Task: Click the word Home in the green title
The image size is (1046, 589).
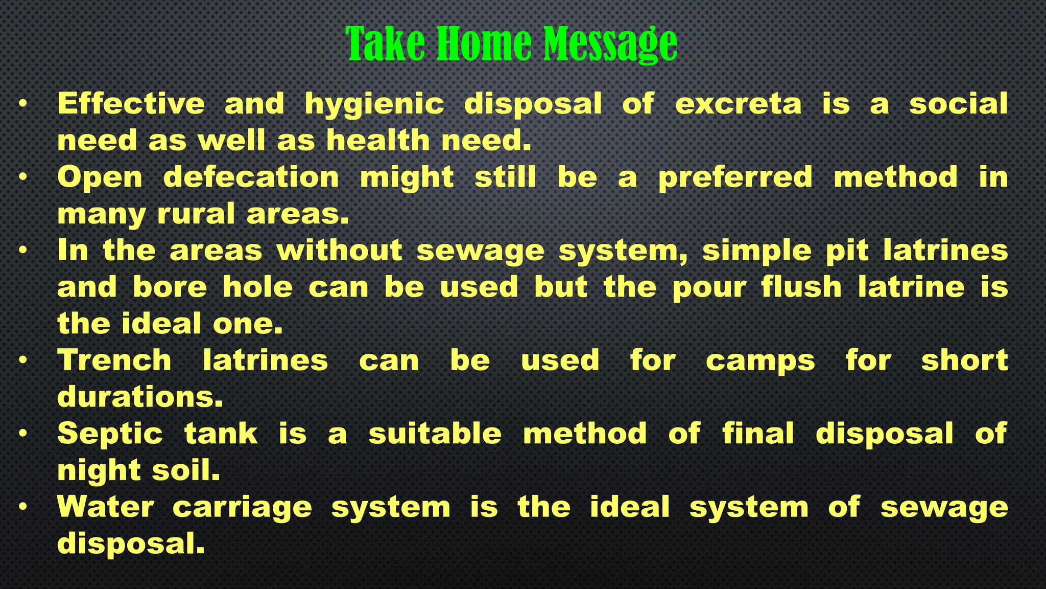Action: (483, 44)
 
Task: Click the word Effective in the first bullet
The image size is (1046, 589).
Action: (131, 104)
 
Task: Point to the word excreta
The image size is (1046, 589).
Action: (738, 104)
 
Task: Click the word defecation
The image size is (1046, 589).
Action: (251, 177)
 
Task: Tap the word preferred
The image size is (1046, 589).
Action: (735, 178)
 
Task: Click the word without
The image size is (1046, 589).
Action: (340, 251)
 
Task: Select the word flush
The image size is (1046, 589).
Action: (801, 287)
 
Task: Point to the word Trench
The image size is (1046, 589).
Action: (114, 360)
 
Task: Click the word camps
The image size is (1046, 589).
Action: (760, 361)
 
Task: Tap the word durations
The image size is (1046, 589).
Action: (140, 397)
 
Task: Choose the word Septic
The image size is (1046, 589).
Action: (110, 434)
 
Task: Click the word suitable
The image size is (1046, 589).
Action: (435, 433)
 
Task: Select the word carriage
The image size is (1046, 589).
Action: (242, 508)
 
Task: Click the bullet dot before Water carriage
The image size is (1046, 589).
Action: (22, 507)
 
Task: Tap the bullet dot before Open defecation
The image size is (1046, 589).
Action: (22, 177)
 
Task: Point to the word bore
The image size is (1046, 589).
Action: (170, 287)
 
